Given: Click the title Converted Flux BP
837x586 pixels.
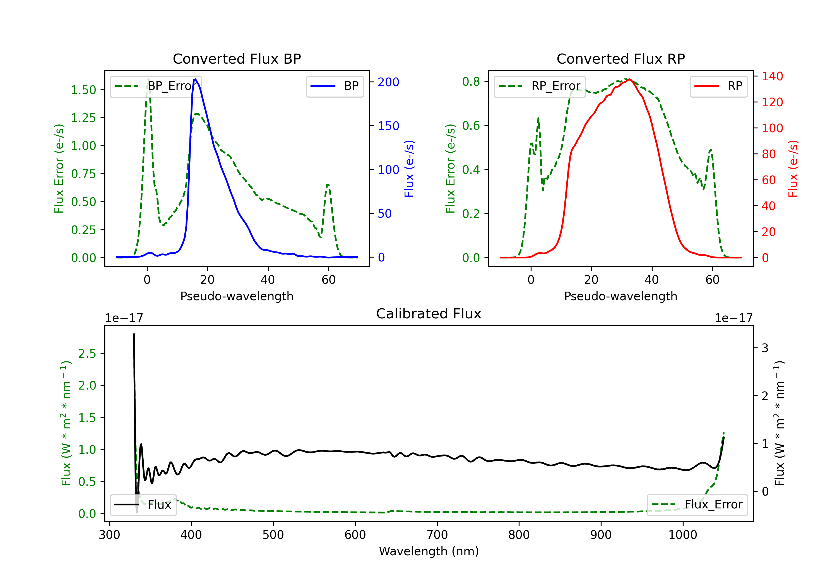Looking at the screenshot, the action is (237, 59).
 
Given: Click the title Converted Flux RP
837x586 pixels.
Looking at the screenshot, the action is (620, 59).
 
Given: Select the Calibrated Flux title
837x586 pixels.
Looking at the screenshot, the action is (429, 314).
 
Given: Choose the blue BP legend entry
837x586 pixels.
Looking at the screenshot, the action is (335, 86).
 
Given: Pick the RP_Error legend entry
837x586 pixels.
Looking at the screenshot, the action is (540, 86).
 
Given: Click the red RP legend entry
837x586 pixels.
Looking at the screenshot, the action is (718, 86).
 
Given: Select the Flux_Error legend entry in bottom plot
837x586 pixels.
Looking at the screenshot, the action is (697, 505).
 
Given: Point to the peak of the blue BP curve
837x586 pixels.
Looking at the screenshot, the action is (195, 79).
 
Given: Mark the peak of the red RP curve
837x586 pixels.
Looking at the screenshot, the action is (630, 79).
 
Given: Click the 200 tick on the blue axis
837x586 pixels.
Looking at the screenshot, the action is (388, 82).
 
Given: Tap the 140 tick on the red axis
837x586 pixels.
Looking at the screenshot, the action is (772, 76).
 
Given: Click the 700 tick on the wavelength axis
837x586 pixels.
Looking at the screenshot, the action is (437, 535).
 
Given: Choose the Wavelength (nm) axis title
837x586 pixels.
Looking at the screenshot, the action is (429, 551).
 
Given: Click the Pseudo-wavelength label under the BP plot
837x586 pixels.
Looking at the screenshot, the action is (237, 296).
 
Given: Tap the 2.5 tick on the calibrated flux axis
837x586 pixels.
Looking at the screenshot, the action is (87, 353).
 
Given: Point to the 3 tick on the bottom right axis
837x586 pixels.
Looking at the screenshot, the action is (765, 348).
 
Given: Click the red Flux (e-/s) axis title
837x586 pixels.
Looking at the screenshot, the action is (793, 169).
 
